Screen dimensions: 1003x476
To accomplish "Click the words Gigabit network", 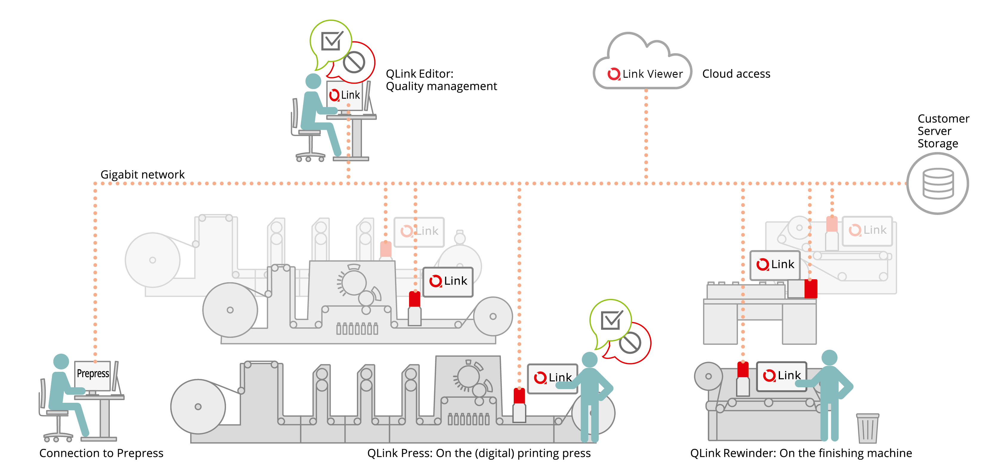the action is (143, 175).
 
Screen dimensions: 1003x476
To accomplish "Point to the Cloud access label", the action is (736, 74).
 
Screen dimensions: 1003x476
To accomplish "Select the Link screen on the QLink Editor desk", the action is (345, 96).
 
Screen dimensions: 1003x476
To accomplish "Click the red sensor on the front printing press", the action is (519, 396).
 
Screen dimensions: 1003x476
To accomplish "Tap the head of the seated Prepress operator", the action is (61, 361).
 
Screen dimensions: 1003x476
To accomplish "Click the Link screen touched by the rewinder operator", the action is (782, 376).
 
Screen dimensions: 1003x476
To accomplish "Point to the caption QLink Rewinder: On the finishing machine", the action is (801, 453).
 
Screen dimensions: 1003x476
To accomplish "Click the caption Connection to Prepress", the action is (101, 453).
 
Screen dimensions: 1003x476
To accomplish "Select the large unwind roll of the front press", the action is (198, 407).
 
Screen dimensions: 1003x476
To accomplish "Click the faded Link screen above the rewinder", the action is (868, 231).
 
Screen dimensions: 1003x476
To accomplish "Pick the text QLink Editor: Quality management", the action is (442, 80).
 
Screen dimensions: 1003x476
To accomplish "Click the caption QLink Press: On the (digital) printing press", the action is (479, 453).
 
